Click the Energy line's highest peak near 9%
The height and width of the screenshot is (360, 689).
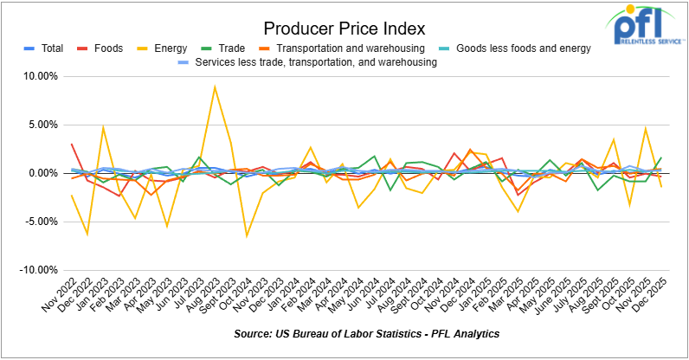coord(214,87)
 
